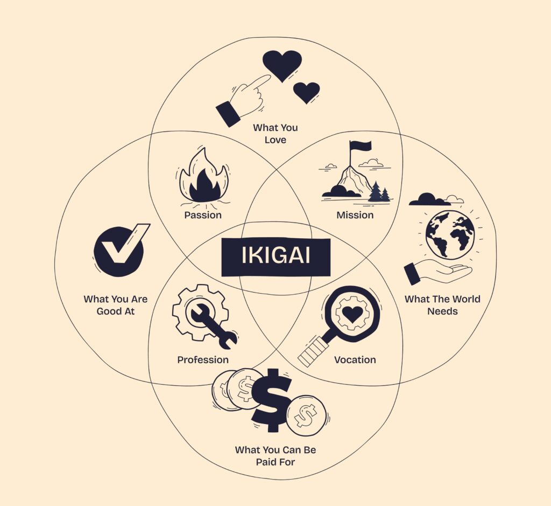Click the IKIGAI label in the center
[x=275, y=256]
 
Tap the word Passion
[x=203, y=215]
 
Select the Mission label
[x=355, y=215]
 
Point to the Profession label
[x=203, y=359]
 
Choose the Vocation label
[x=355, y=359]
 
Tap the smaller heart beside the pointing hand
[x=307, y=92]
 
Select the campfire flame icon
[x=203, y=181]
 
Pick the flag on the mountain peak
[x=361, y=146]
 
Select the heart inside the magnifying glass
[x=352, y=314]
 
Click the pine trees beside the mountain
[x=379, y=192]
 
